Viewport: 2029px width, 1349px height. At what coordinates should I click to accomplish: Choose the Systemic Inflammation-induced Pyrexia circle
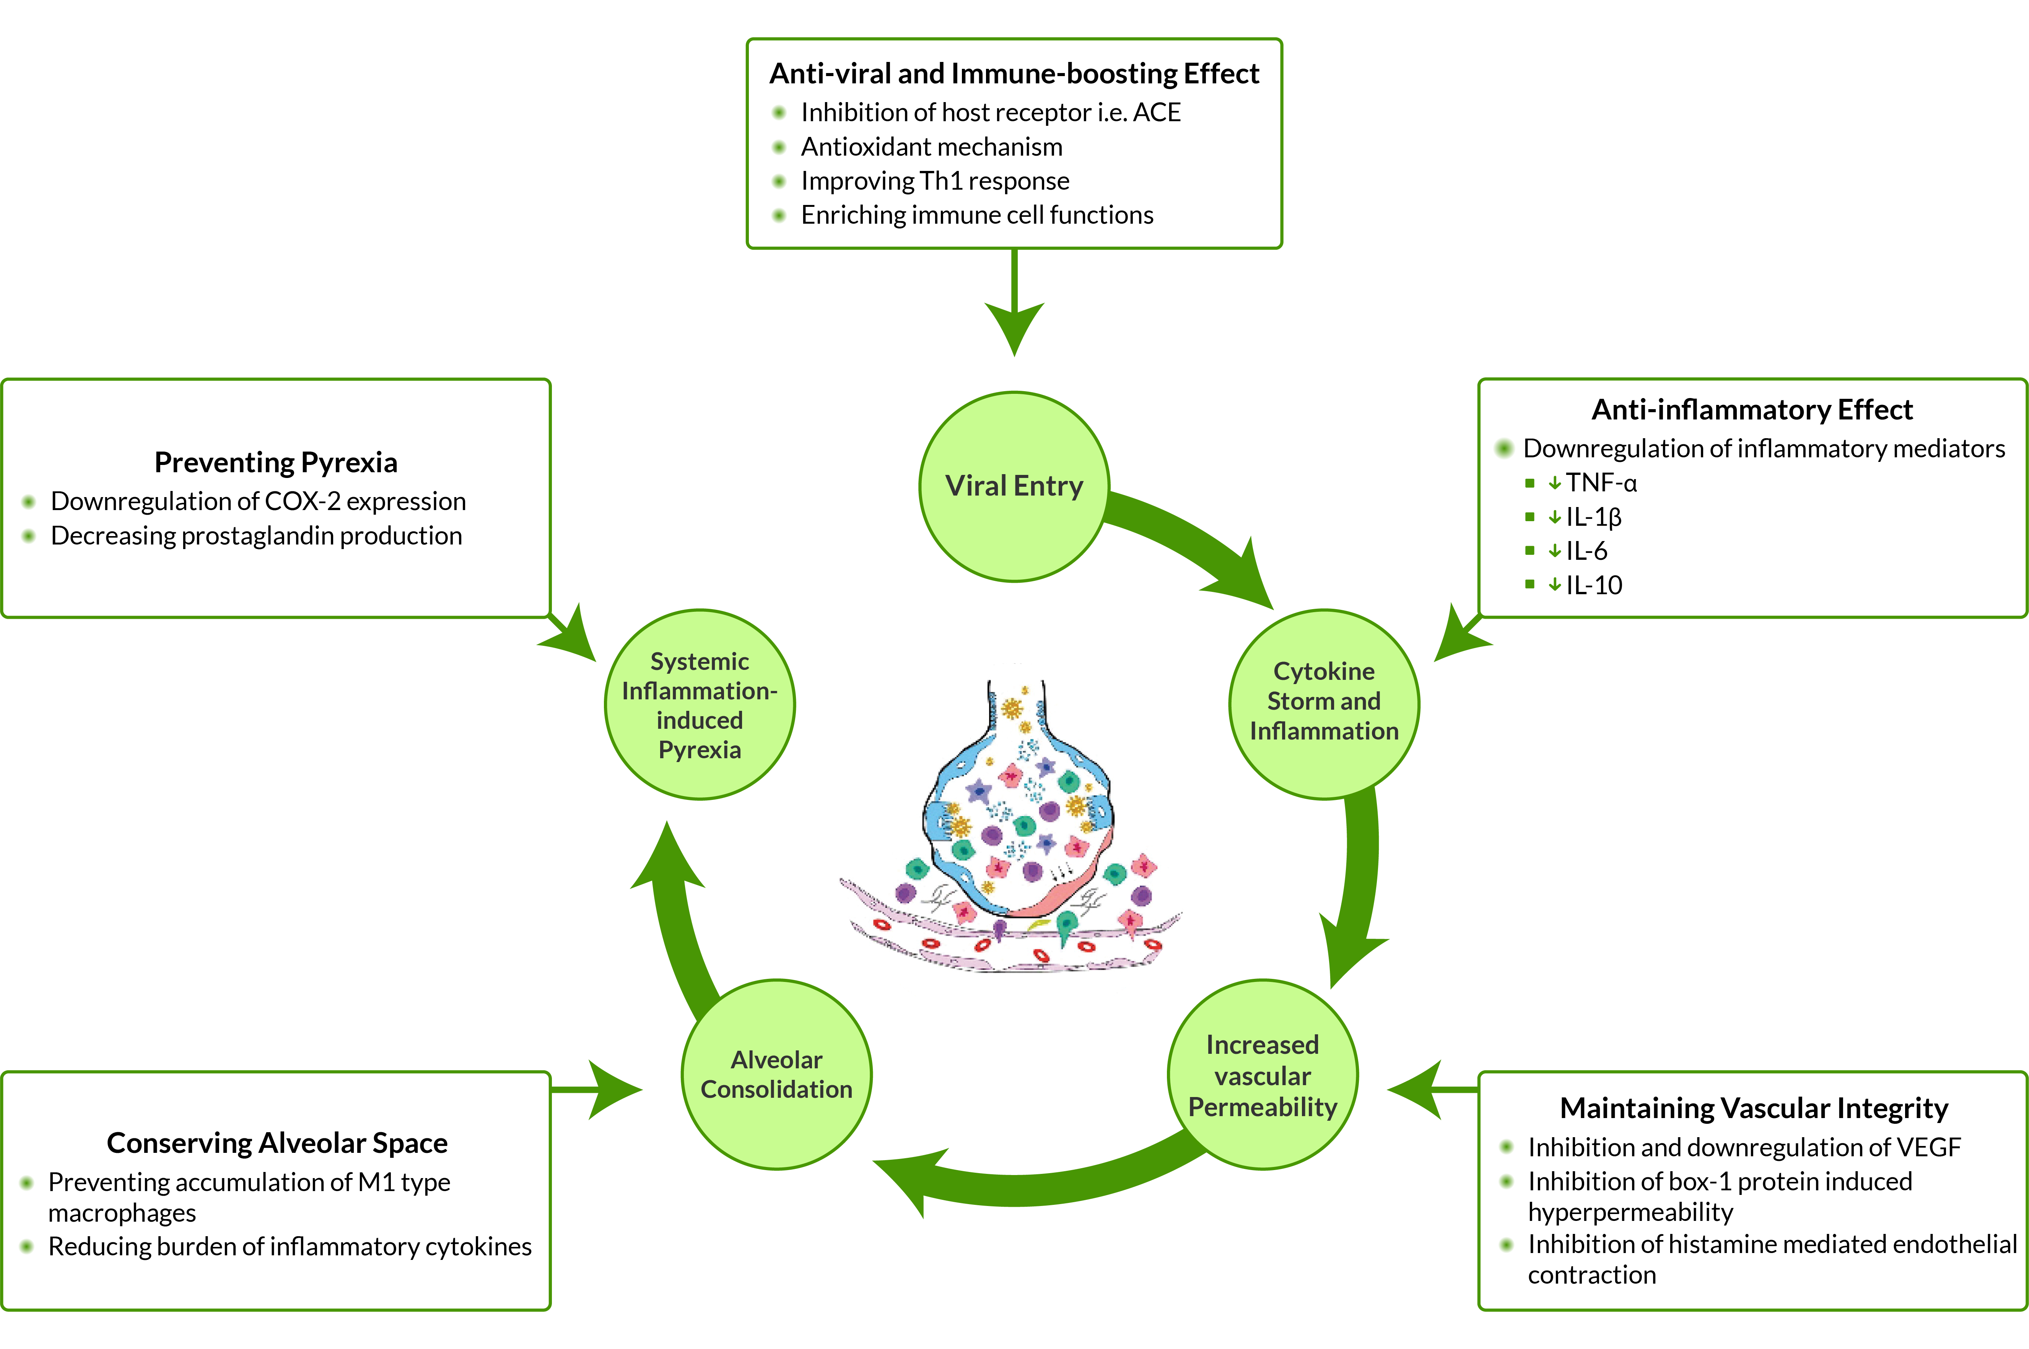click(700, 705)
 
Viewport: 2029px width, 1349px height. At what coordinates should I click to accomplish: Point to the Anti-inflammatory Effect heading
click(1752, 410)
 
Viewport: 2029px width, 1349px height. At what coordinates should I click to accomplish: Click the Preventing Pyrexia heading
click(275, 463)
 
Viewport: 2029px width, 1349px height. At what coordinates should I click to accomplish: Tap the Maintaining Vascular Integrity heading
click(1754, 1108)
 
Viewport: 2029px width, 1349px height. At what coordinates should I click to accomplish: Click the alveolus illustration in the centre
click(1015, 826)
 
